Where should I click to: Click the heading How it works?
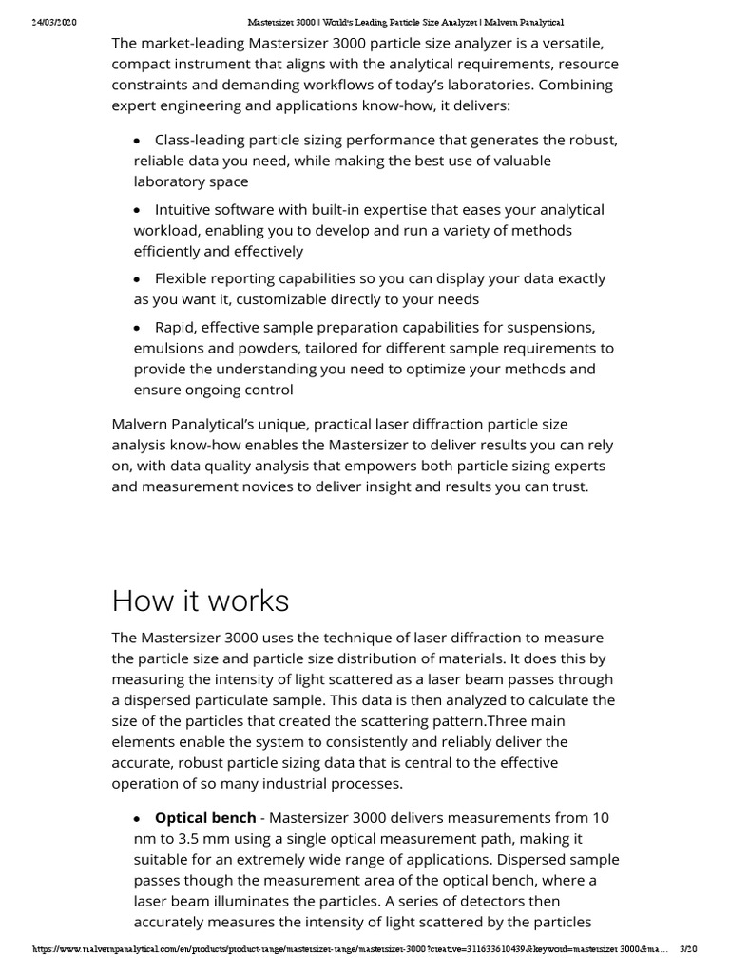click(201, 601)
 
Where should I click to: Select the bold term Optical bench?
click(205, 817)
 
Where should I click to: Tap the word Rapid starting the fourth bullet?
click(176, 328)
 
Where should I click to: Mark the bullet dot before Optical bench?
click(138, 818)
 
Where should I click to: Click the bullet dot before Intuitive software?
click(138, 210)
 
